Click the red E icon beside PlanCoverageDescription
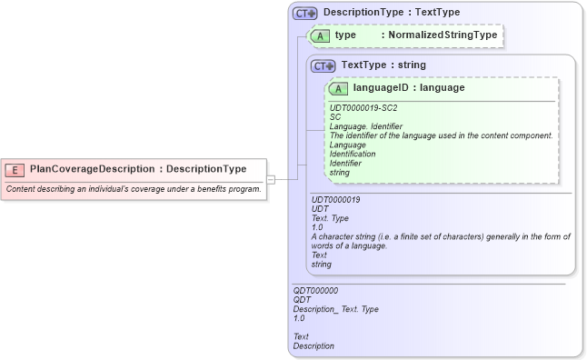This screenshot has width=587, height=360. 15,169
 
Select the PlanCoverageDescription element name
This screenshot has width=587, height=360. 92,169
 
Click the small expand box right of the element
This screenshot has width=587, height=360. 270,180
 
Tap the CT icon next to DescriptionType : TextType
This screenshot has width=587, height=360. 304,14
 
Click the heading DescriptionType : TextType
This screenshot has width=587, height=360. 392,13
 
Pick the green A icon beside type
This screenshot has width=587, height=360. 321,35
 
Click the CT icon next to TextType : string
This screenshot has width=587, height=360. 323,66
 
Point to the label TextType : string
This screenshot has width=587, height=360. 383,65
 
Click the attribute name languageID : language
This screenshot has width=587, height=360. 409,88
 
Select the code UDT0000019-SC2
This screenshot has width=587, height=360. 363,108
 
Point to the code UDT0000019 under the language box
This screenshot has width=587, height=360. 336,200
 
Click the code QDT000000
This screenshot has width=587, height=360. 315,291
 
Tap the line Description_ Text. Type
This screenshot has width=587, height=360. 335,309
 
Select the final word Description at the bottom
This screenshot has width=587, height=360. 313,346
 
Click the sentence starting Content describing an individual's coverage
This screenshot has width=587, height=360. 134,188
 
